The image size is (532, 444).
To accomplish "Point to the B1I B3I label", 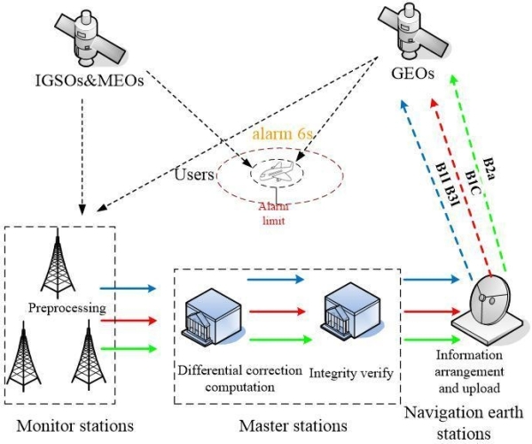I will [x=445, y=185].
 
